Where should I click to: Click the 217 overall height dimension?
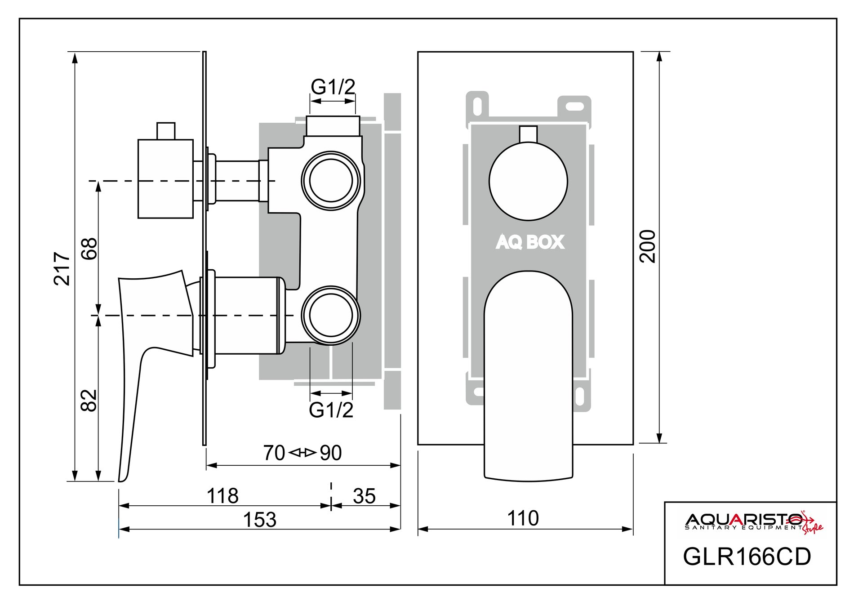[62, 268]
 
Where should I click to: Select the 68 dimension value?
[89, 248]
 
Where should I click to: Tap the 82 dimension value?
[89, 400]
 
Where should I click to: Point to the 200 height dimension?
[648, 246]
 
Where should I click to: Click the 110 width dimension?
[523, 518]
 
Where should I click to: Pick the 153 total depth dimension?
[259, 520]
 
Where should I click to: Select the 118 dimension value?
[222, 496]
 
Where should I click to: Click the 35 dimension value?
[364, 496]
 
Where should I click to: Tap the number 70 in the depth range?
[274, 453]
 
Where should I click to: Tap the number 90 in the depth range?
[331, 453]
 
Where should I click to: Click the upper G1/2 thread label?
[333, 87]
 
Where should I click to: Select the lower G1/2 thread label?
[331, 410]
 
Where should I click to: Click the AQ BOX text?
[530, 242]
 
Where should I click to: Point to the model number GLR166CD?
[747, 557]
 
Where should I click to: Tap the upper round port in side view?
[331, 180]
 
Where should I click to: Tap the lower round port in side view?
[331, 315]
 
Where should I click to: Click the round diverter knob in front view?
[528, 182]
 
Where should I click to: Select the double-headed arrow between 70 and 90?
[302, 453]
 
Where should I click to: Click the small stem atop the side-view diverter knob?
[165, 130]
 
